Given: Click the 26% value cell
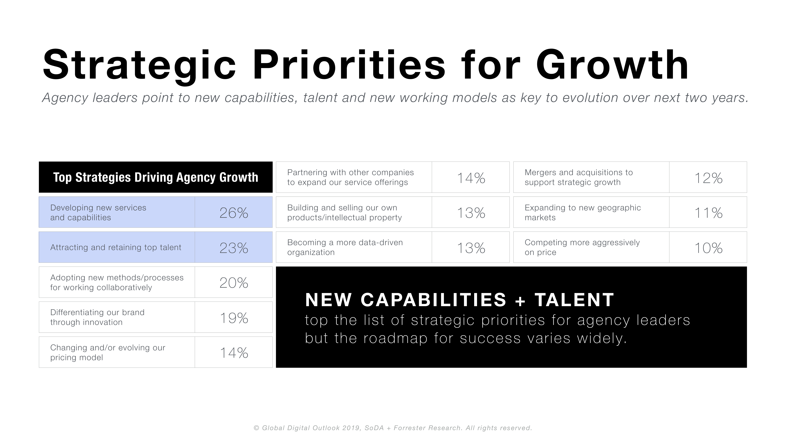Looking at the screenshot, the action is click(x=234, y=213).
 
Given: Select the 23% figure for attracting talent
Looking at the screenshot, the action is click(x=234, y=248).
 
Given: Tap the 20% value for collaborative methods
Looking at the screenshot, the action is click(x=234, y=283).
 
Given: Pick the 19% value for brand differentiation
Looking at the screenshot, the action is click(x=234, y=318).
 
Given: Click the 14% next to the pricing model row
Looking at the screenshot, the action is click(x=234, y=353).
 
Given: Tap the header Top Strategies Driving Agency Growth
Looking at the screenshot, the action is click(x=156, y=177).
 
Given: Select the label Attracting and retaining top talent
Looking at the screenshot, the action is click(x=116, y=247).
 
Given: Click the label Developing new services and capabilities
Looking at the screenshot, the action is click(x=98, y=213).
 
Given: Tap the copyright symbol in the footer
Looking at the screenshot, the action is click(x=257, y=428).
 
